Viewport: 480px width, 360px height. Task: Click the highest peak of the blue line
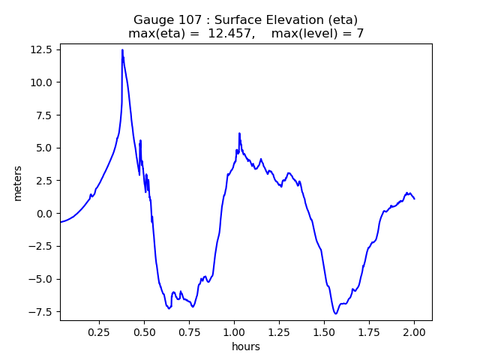[x=122, y=50]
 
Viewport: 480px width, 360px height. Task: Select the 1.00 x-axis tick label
[x=234, y=331]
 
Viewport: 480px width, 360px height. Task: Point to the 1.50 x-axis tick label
[x=324, y=331]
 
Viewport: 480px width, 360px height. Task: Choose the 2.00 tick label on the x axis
[x=414, y=331]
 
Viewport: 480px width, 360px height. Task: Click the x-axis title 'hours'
[x=246, y=346]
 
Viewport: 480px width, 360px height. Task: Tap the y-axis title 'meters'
[x=17, y=182]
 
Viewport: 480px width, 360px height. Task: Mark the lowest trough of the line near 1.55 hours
[x=336, y=313]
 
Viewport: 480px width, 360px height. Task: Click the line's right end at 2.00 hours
[x=414, y=199]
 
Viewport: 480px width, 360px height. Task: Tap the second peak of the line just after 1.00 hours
[x=239, y=133]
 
